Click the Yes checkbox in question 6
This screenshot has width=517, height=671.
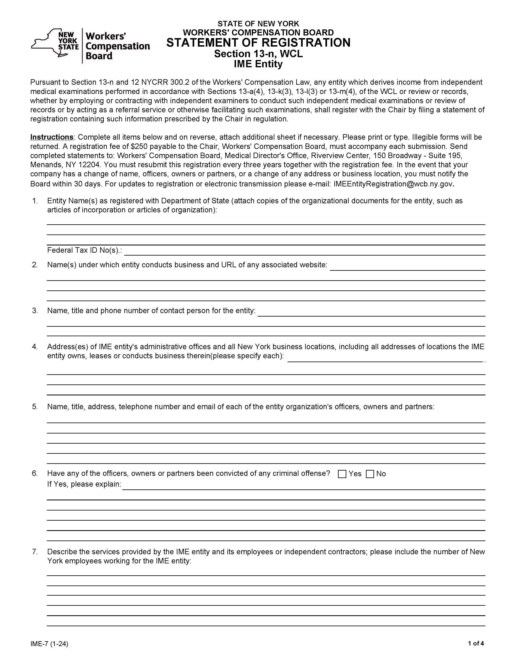click(342, 474)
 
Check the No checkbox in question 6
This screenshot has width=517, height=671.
click(370, 474)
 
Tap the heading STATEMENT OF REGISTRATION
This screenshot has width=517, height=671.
click(258, 43)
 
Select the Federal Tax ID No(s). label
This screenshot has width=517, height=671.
click(84, 250)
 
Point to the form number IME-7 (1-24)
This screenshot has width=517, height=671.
click(49, 644)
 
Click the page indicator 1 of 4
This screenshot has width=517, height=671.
click(476, 643)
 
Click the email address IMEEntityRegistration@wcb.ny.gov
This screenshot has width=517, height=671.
click(393, 184)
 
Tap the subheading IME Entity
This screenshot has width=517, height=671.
click(258, 64)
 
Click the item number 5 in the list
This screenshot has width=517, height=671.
click(35, 407)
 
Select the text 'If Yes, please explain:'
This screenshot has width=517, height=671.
click(84, 484)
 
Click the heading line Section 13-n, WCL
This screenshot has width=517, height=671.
click(258, 54)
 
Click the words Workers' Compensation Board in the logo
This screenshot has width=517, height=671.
click(117, 46)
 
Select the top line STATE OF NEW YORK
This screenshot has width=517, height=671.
click(258, 24)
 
